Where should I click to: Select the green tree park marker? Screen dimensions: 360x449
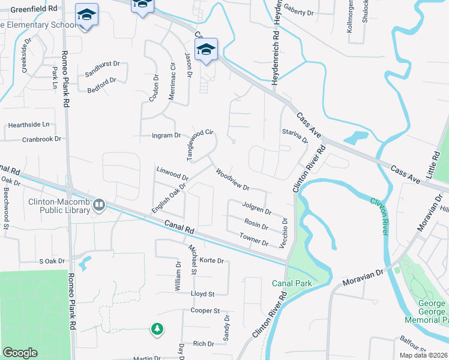pyautogui.click(x=157, y=328)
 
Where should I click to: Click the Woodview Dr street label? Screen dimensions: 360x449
pyautogui.click(x=232, y=179)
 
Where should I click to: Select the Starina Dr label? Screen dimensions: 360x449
pyautogui.click(x=295, y=136)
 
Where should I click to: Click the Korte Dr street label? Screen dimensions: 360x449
pyautogui.click(x=211, y=261)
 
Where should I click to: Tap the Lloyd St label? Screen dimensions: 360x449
pyautogui.click(x=202, y=294)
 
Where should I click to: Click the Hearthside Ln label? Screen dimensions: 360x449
pyautogui.click(x=28, y=125)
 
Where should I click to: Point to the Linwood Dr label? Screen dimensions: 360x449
pyautogui.click(x=172, y=174)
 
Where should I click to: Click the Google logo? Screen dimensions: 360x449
pyautogui.click(x=20, y=353)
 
